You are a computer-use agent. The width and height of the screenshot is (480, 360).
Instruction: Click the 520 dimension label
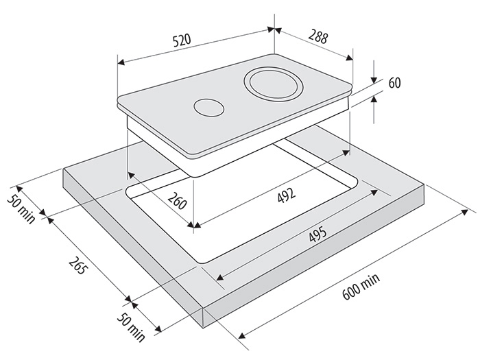tap(182, 40)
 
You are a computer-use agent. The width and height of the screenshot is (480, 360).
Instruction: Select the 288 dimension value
tap(318, 36)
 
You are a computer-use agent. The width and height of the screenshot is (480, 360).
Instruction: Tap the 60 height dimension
tap(394, 83)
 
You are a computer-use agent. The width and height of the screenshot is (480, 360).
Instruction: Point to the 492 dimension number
tap(287, 195)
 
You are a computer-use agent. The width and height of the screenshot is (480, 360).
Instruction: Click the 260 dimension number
tap(177, 200)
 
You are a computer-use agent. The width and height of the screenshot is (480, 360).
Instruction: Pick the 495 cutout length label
tap(317, 235)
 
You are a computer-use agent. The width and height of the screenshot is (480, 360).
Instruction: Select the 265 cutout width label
tap(77, 265)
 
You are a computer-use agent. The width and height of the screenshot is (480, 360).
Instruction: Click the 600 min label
tap(361, 287)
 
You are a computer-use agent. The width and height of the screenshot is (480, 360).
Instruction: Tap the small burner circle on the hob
tap(208, 108)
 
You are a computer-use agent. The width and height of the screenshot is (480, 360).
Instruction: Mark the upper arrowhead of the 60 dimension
tap(374, 80)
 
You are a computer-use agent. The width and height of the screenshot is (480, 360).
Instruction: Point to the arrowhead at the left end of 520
tap(121, 62)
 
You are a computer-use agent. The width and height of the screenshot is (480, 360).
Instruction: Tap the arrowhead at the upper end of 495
tap(374, 192)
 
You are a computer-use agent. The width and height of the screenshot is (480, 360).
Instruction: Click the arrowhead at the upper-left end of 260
tap(132, 175)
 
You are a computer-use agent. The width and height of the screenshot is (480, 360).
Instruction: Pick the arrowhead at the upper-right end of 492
tap(346, 152)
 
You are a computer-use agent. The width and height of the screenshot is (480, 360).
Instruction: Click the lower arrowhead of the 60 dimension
tap(374, 99)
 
